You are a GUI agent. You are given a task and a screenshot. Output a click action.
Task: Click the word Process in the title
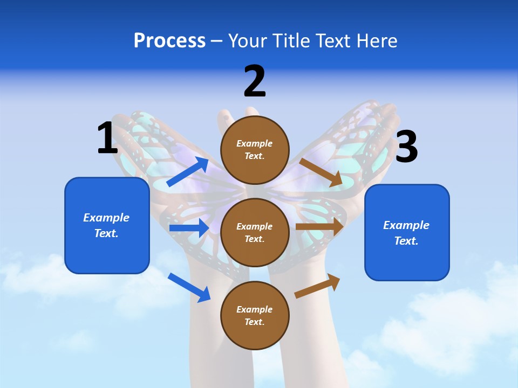169,41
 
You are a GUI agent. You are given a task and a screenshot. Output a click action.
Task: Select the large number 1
107,138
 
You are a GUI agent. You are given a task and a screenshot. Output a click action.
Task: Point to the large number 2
255,81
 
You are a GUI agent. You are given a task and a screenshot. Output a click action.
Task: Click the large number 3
406,147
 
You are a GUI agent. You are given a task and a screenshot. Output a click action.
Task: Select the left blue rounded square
107,225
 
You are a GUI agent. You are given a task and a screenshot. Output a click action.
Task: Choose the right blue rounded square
407,233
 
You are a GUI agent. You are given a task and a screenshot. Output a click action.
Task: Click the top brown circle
255,150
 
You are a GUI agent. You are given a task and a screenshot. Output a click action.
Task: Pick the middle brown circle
255,233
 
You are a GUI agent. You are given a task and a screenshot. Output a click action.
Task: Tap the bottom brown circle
255,316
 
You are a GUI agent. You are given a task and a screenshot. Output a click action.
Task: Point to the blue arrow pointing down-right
189,287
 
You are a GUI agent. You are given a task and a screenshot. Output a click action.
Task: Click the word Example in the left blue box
106,218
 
